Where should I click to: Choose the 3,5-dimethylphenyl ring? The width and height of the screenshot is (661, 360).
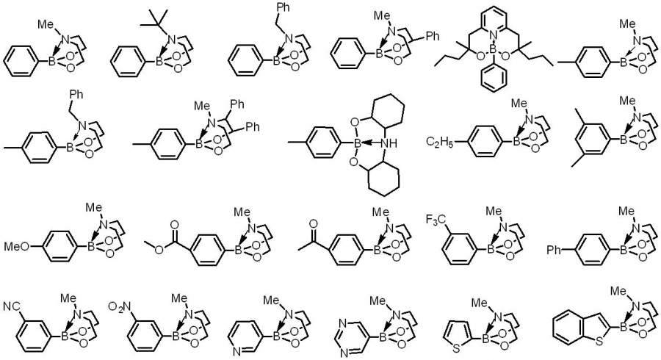(x=585, y=135)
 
